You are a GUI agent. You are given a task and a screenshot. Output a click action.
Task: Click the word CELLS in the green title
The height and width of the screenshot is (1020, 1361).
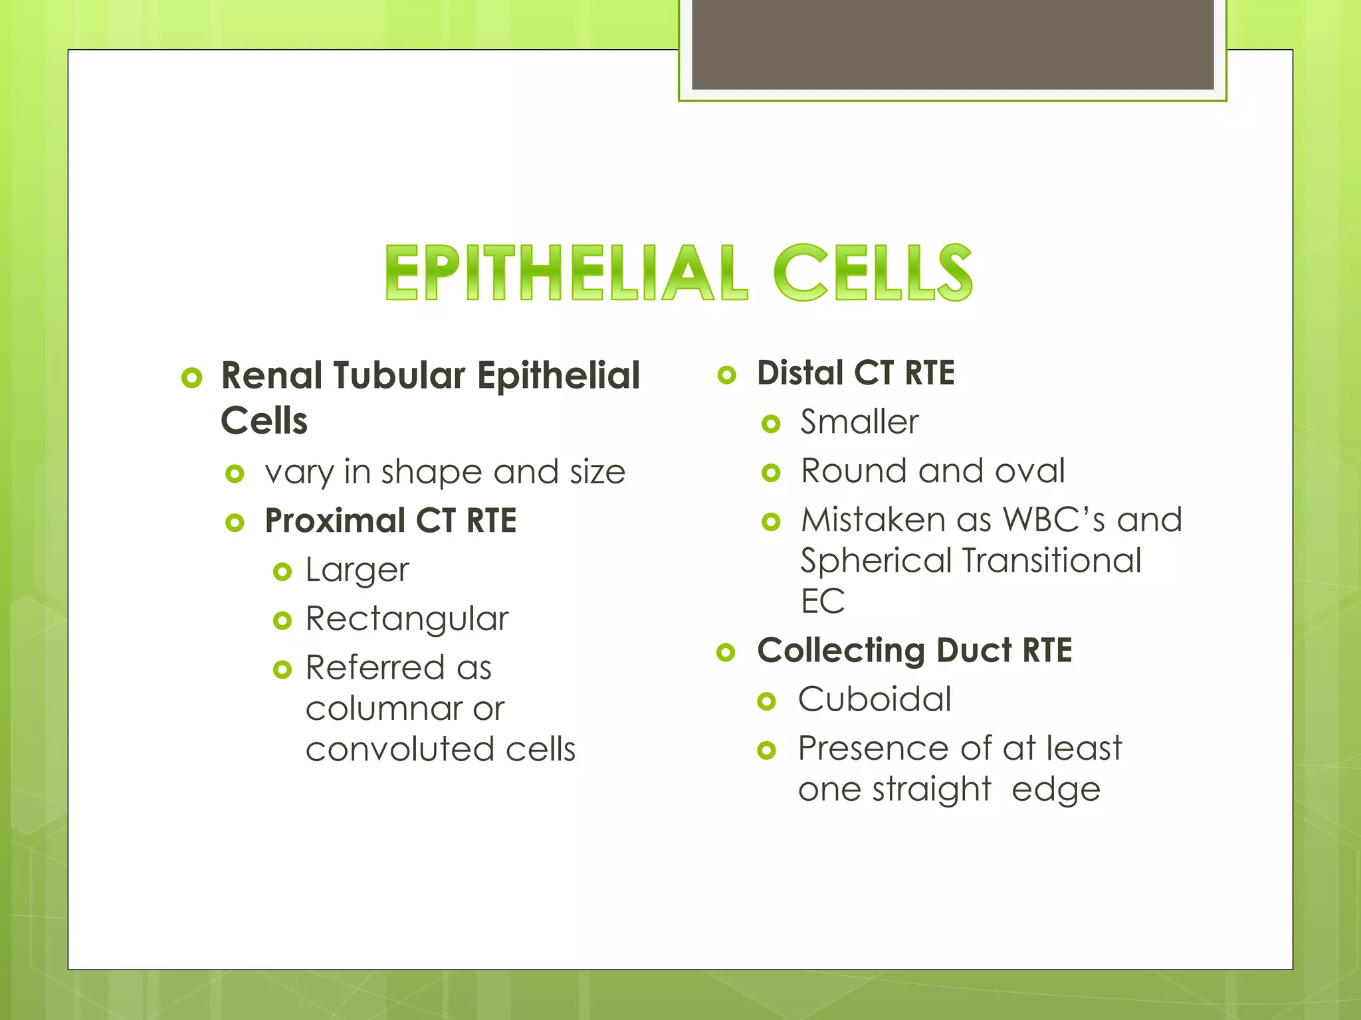coord(873,273)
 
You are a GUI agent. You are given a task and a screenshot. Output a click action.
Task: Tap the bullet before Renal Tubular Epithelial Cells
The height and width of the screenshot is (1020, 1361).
coord(191,378)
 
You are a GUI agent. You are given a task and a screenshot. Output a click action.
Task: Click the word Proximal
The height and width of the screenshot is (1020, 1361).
coord(335,521)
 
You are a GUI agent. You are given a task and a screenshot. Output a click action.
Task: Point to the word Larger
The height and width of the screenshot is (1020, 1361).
coord(357,570)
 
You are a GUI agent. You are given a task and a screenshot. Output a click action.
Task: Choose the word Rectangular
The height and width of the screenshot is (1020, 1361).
coord(407,619)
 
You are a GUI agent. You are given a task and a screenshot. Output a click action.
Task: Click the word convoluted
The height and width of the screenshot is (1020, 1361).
coord(398,750)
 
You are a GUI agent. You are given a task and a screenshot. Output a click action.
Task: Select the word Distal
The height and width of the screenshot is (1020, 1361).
coord(799,373)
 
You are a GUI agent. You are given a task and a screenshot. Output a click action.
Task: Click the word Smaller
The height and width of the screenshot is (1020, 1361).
coord(859,422)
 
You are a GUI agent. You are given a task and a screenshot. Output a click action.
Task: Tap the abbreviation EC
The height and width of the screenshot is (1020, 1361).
coord(822,602)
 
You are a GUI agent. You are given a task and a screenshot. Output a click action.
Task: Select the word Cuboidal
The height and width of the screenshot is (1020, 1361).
coord(875,700)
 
